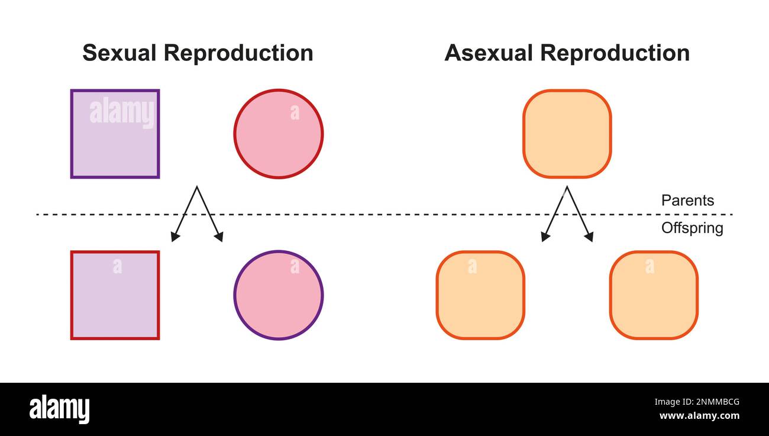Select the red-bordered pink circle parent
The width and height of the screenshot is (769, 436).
click(x=278, y=134)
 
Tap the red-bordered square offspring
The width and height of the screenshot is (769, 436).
click(x=115, y=295)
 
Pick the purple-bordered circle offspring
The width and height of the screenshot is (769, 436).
click(x=278, y=295)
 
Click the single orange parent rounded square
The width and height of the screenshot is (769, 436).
click(x=567, y=134)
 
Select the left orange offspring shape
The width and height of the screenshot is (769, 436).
click(x=480, y=295)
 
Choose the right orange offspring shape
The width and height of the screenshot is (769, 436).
click(x=654, y=295)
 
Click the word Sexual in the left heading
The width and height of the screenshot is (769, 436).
click(x=119, y=53)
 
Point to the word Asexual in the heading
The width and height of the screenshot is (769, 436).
click(x=489, y=53)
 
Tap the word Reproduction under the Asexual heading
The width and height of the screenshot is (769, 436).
click(x=615, y=53)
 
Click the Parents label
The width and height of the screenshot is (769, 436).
click(x=687, y=201)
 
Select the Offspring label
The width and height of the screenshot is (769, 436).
click(x=692, y=228)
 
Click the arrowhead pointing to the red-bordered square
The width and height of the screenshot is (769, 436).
click(x=175, y=237)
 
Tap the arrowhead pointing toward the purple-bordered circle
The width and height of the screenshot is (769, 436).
click(x=219, y=237)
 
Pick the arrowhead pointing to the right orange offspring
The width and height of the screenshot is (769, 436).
click(x=589, y=237)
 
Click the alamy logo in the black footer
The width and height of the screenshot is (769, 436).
click(x=59, y=409)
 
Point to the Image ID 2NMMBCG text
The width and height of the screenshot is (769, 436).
click(x=700, y=402)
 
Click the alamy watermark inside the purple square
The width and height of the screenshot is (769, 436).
click(x=122, y=112)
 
